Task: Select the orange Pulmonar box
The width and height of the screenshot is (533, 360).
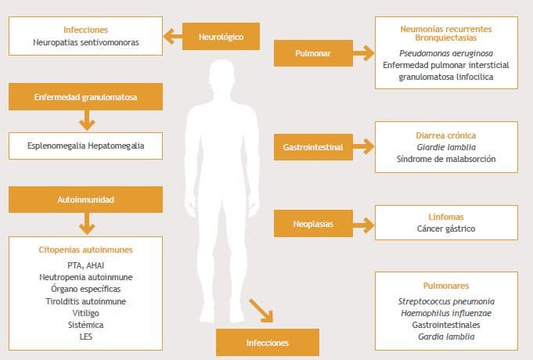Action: tap(311, 54)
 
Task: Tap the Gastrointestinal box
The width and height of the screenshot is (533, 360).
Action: tap(312, 146)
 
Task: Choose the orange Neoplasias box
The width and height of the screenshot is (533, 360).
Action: tap(311, 224)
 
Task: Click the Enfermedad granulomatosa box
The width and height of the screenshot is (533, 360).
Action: tap(86, 97)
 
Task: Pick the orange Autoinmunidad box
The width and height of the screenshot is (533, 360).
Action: tap(86, 200)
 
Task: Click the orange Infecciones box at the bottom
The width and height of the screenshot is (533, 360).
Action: tap(268, 343)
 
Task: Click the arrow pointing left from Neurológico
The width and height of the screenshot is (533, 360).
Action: tap(172, 36)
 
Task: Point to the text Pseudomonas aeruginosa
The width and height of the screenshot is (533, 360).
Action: tap(445, 52)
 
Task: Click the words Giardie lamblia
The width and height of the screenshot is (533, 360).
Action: tap(445, 146)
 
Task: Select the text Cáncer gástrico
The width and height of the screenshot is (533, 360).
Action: tap(445, 229)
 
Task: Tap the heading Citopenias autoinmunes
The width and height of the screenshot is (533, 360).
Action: tap(86, 250)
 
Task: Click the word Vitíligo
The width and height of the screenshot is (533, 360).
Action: tap(86, 312)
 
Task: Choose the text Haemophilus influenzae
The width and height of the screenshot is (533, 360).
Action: tap(445, 313)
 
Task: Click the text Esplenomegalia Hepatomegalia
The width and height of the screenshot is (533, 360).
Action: tap(86, 145)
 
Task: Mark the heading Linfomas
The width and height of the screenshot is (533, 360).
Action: tap(445, 216)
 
